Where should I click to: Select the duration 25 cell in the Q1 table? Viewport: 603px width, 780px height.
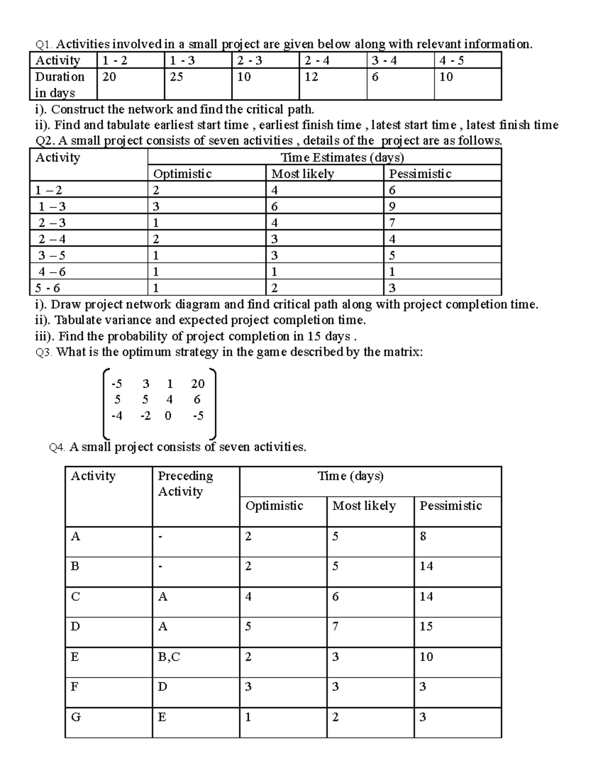(176, 77)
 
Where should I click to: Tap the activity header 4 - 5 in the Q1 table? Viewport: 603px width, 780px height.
(451, 61)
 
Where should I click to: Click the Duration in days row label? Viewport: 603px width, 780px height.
(59, 84)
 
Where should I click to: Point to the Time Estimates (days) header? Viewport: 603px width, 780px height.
(342, 158)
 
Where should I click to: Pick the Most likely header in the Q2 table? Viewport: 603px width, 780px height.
(303, 174)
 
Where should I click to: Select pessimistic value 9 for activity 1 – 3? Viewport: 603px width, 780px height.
(392, 206)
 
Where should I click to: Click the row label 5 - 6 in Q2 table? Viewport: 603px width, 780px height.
(48, 288)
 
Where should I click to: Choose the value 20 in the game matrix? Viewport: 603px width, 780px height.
(197, 384)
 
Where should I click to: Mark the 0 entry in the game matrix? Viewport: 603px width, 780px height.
(168, 416)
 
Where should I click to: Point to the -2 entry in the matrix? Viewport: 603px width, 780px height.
(145, 416)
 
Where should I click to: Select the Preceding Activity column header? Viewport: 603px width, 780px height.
(185, 483)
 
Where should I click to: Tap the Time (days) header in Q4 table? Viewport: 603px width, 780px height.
(350, 476)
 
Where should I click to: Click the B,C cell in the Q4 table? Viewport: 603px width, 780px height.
(168, 657)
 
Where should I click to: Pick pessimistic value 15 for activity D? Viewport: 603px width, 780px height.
(426, 626)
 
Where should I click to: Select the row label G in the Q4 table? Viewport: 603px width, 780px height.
(76, 717)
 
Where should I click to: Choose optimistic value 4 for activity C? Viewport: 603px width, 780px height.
(248, 597)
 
